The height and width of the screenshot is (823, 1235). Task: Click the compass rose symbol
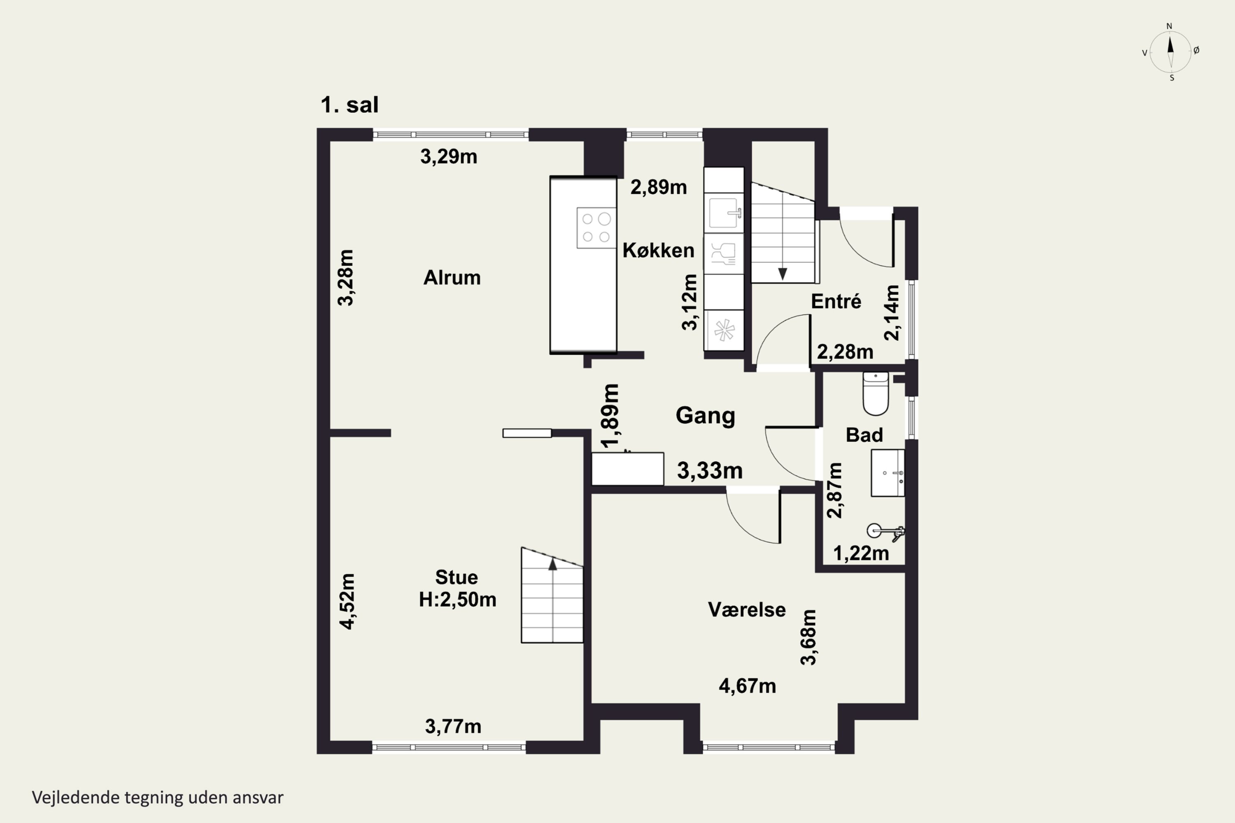click(x=1170, y=51)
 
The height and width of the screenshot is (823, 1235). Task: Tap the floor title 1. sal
click(x=349, y=105)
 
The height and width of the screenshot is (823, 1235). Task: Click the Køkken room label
click(x=658, y=250)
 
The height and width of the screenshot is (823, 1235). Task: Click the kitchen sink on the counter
click(x=724, y=213)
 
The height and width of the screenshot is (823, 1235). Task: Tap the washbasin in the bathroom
click(x=888, y=473)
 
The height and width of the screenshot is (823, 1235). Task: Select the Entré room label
click(x=836, y=301)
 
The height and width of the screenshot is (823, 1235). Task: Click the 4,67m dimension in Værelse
click(x=747, y=686)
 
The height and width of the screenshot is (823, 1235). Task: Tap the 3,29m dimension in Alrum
click(x=448, y=156)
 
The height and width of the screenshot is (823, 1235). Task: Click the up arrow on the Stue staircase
click(x=552, y=564)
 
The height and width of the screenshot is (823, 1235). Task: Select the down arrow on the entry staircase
click(x=783, y=274)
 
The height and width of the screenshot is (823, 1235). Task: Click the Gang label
click(x=705, y=415)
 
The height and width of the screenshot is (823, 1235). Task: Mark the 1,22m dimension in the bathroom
click(x=861, y=553)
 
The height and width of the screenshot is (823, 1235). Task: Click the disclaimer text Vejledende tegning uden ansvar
click(x=158, y=797)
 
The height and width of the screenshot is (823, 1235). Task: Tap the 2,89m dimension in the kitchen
click(x=658, y=187)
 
